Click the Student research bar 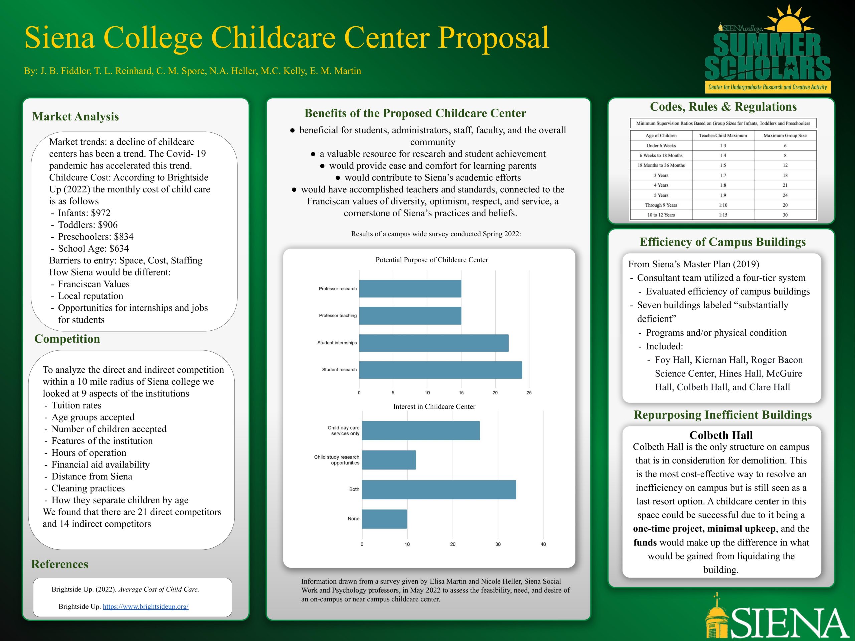coord(440,370)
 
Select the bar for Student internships coord(434,343)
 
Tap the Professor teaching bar coord(410,316)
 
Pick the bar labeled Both coord(439,489)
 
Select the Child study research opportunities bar coord(389,460)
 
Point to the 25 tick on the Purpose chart coord(529,393)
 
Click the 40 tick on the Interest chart coord(543,544)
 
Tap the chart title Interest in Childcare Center coord(434,407)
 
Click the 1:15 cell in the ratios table coord(723,215)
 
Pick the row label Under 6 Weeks coord(661,146)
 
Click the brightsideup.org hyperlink coord(145,606)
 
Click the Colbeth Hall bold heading coord(721,435)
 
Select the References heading coord(59,564)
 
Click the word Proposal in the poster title coord(493,37)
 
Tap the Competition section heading coord(67,339)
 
